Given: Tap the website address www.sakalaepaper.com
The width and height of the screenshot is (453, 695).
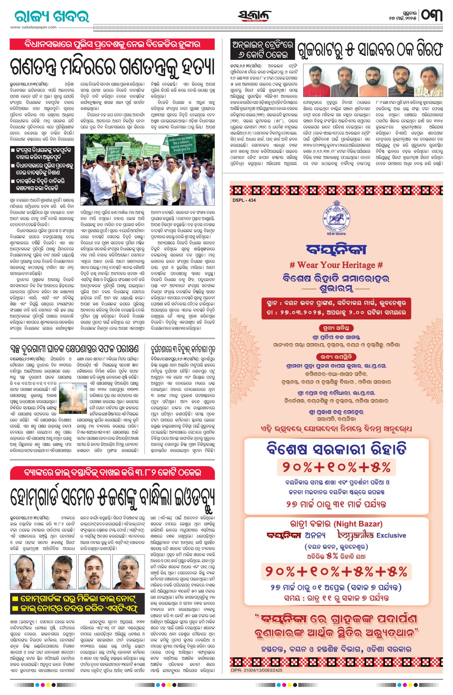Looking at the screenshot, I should [x=33, y=27].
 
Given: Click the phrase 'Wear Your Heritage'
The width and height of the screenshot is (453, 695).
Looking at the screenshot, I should [x=336, y=265].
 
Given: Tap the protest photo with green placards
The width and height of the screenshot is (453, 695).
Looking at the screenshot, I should [x=147, y=169].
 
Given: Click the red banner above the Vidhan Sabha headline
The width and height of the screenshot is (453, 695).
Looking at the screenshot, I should [x=112, y=44].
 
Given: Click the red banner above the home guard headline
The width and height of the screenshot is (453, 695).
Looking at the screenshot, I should [x=112, y=473].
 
